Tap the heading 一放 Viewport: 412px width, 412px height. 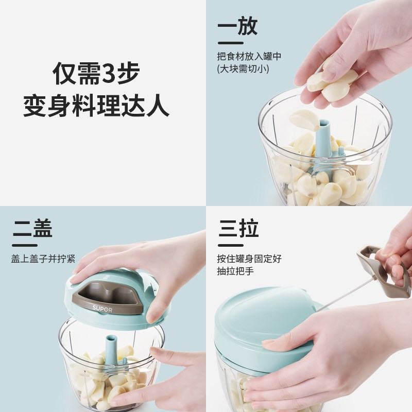[x=237, y=27]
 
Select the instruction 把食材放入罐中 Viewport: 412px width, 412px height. [x=249, y=56]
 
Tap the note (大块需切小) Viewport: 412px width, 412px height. [x=243, y=68]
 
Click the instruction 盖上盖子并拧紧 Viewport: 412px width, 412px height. [x=43, y=259]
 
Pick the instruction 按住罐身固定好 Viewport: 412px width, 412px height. [x=249, y=259]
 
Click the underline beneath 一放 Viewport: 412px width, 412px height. [x=230, y=43]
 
